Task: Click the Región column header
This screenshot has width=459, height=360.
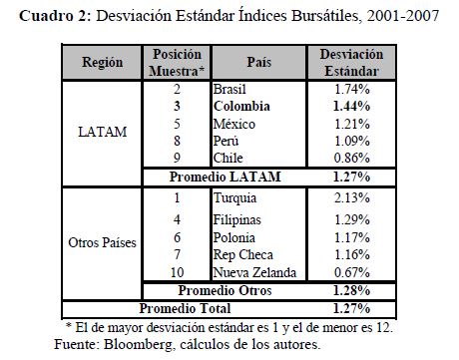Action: coord(102,62)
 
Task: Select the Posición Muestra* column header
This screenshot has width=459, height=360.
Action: coord(177,63)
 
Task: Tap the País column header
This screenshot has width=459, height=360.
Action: coord(258,62)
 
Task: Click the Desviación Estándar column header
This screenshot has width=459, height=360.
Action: coord(351,63)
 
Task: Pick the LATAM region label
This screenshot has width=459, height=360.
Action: coord(103,132)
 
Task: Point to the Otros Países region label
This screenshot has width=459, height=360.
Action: coord(102,242)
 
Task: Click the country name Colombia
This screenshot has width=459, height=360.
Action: coord(241,106)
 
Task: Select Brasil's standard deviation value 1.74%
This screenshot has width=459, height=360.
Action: coord(352,89)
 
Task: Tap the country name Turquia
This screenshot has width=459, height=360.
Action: coord(234,198)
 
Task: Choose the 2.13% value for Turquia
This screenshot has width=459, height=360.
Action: coord(352,197)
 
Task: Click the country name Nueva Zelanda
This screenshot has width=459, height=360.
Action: coord(254,272)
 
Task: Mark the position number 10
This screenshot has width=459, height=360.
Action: coord(177,272)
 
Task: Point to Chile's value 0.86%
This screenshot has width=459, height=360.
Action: coord(352,158)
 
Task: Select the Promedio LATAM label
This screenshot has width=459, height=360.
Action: coord(226,177)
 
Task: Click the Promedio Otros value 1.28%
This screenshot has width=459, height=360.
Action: coord(351,290)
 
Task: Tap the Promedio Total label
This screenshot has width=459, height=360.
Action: coord(185,308)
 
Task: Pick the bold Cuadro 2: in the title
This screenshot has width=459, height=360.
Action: coord(55,16)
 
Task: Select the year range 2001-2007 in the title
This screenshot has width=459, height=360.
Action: coord(403,16)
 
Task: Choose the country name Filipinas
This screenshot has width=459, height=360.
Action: coord(236,220)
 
